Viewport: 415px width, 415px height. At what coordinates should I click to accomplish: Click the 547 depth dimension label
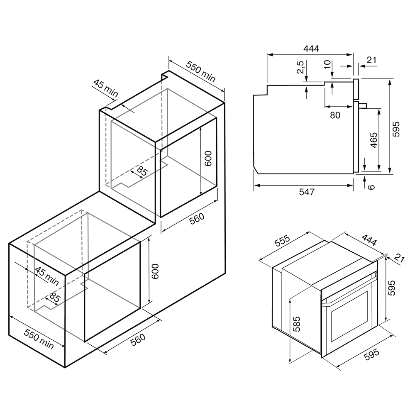tap(307, 192)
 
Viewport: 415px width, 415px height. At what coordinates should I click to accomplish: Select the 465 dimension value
tap(373, 140)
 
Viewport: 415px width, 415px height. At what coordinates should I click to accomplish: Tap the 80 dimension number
tap(335, 115)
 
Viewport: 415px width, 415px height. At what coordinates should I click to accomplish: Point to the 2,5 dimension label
tap(300, 67)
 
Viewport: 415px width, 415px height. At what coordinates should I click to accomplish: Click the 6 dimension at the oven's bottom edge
tap(371, 187)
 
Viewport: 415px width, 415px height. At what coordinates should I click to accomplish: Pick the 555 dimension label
tap(283, 240)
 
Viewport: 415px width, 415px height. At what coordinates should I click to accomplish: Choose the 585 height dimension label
tap(297, 324)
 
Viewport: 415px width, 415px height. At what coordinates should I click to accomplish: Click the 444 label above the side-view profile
tap(311, 49)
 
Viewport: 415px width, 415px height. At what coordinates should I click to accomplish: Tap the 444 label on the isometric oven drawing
tap(369, 239)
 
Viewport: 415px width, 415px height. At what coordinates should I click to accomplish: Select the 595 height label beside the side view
tap(396, 129)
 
